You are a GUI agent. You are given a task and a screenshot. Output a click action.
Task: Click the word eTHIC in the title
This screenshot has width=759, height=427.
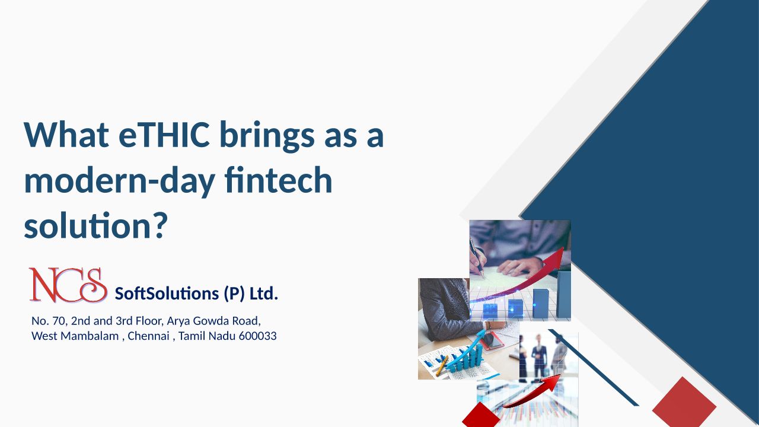coord(164,135)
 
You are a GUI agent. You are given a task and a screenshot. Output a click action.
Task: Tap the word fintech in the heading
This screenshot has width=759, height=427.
coord(278,180)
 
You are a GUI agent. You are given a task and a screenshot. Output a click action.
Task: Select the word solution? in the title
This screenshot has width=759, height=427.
coord(96,225)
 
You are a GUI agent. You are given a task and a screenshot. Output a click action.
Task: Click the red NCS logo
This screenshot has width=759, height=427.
coord(68,285)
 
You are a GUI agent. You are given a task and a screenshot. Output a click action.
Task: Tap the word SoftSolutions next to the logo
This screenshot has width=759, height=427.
coord(167,294)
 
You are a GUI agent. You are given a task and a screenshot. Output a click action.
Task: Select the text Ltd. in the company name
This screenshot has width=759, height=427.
coord(264,294)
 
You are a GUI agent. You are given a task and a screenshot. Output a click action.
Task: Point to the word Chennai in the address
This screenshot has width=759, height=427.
coord(148,336)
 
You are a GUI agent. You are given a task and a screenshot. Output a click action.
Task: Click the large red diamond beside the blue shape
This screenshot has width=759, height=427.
coord(684,404)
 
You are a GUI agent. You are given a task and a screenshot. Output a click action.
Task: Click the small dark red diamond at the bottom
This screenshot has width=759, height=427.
coord(481,415)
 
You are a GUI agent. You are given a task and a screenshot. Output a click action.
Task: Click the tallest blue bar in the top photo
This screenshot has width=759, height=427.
coord(563,294)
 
